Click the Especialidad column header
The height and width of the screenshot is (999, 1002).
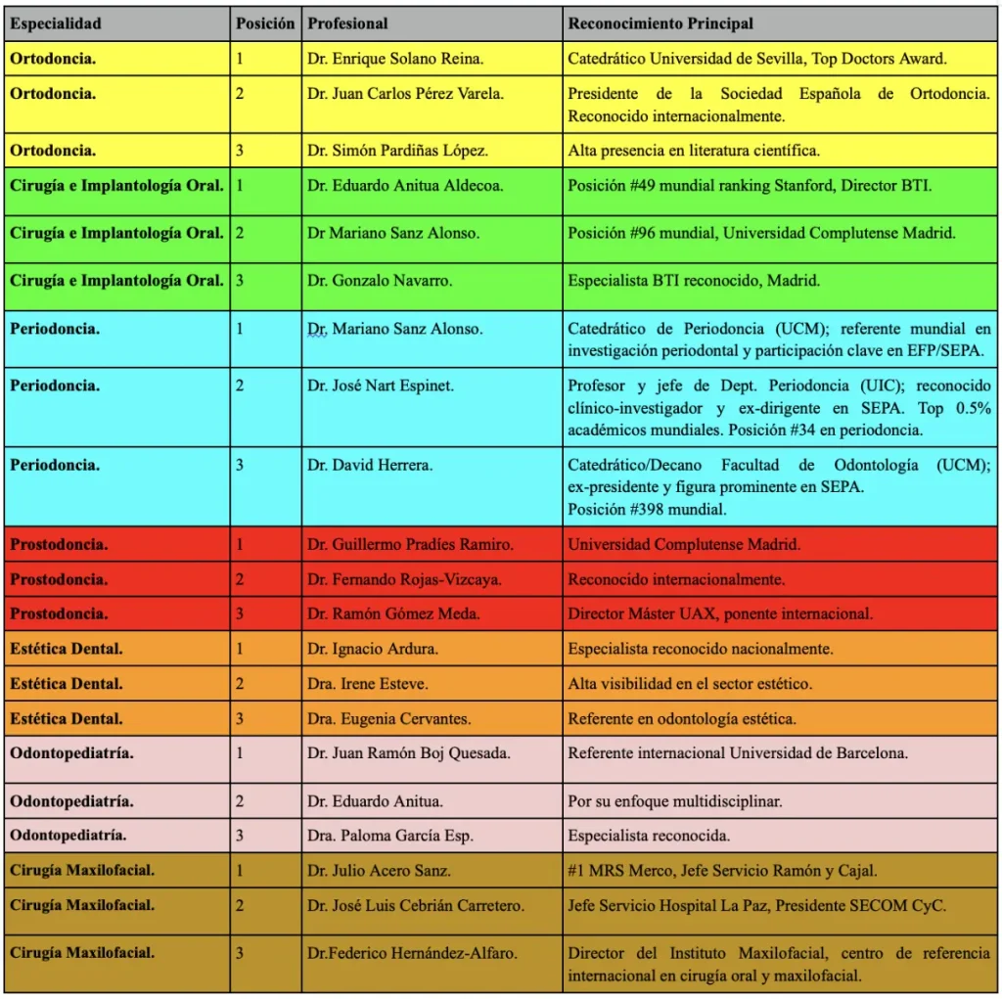tap(56, 23)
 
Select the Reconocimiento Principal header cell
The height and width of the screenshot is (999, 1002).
tap(660, 23)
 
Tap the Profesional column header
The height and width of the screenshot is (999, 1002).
tap(347, 23)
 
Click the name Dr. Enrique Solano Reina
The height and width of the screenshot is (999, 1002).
tap(395, 59)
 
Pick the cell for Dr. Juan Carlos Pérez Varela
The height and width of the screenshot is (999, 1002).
tap(406, 94)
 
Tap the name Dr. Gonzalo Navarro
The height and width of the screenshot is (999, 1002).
tap(380, 280)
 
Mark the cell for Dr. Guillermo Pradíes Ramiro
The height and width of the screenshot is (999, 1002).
tap(410, 544)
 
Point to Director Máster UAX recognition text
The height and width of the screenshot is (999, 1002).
tap(720, 613)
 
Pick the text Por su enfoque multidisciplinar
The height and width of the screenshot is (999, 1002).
tap(674, 801)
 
